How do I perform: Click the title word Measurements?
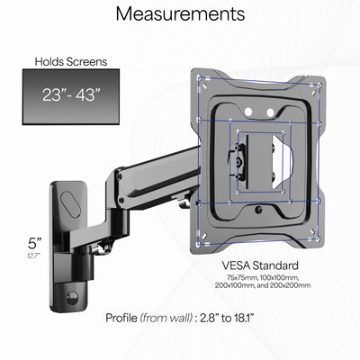pyautogui.click(x=180, y=14)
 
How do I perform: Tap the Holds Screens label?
pyautogui.click(x=70, y=62)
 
